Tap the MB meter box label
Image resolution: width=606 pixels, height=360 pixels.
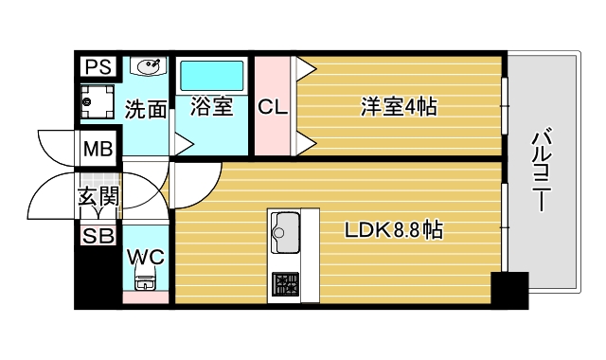tap(96, 149)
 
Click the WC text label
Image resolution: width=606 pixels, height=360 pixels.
tap(145, 257)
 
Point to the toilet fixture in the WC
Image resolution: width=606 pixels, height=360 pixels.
tap(145, 280)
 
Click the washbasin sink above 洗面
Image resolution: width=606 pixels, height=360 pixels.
tap(147, 66)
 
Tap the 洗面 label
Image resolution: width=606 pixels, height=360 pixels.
tap(146, 109)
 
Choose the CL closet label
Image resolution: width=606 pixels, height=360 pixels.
tap(273, 107)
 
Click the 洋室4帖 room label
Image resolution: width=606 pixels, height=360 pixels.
tap(398, 107)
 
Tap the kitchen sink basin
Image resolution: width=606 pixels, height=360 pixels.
tap(286, 227)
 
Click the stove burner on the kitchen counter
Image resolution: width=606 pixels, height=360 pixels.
tap(285, 281)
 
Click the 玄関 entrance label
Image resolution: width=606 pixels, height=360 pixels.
tap(98, 198)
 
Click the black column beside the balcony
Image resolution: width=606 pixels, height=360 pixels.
tap(509, 289)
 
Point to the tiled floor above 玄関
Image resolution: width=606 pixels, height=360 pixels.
tap(100, 176)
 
